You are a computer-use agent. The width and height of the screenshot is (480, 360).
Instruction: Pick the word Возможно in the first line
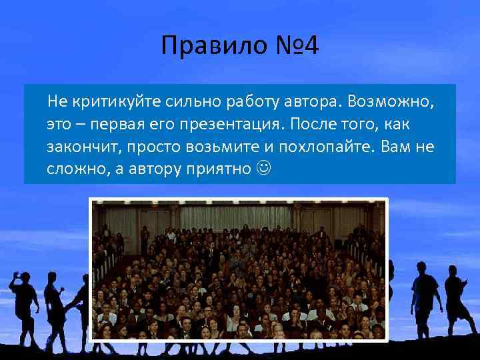389,102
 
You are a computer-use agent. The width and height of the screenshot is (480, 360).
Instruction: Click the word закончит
80,146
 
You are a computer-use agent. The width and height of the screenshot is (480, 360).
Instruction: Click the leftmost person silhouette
23,303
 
